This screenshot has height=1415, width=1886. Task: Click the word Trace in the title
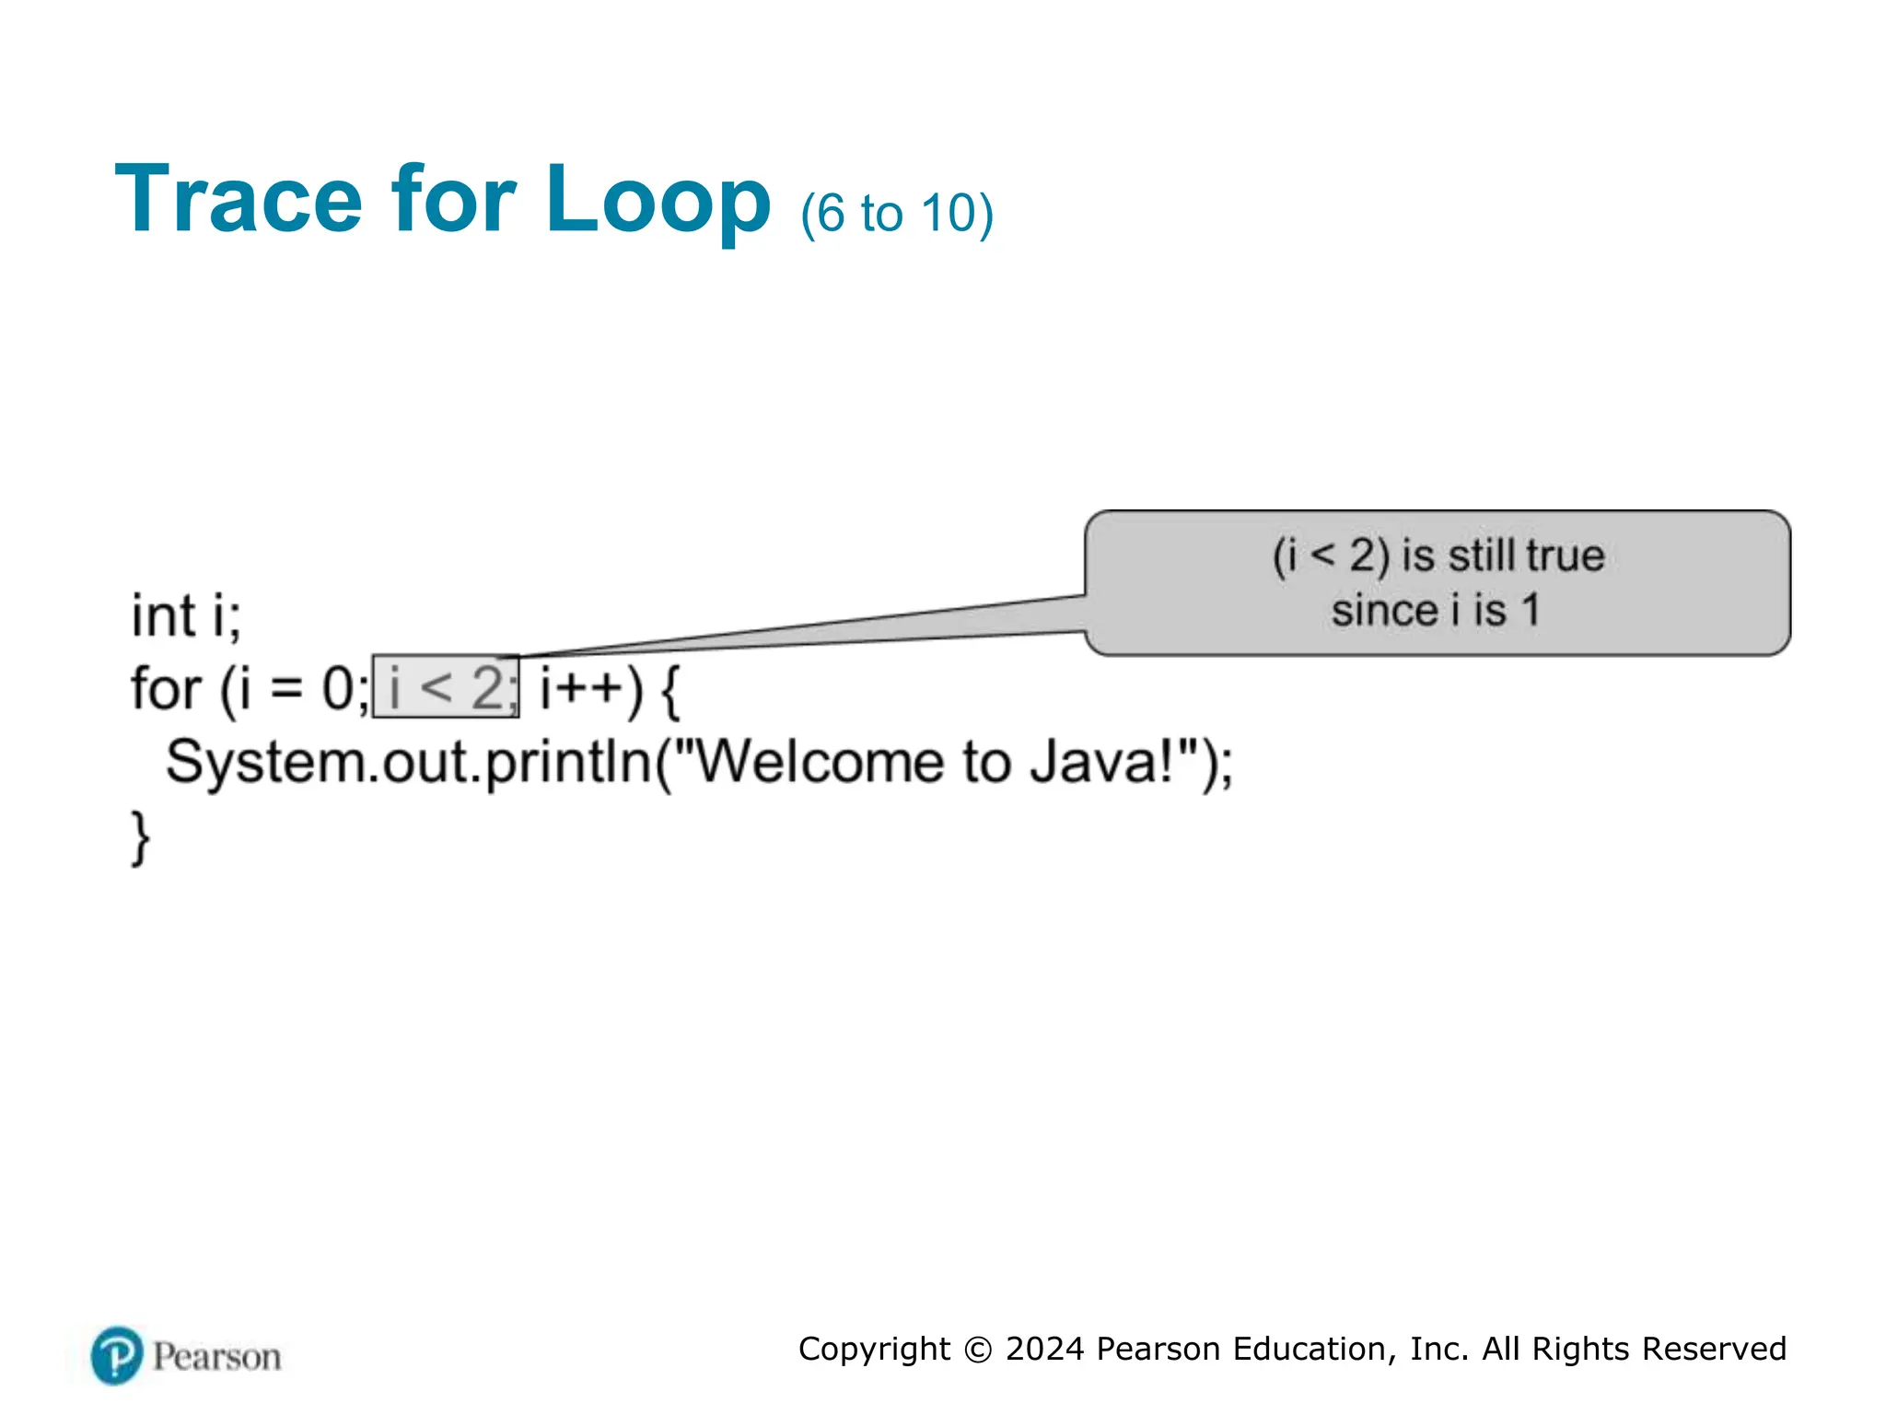tap(239, 200)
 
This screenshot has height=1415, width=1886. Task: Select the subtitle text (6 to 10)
tap(896, 214)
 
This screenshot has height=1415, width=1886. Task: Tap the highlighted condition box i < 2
tap(446, 687)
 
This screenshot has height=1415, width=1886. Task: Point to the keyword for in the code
tap(166, 689)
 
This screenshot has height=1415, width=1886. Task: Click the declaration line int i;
tap(186, 615)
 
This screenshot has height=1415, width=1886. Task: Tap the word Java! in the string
tap(1100, 763)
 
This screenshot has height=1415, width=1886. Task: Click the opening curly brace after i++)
tap(670, 691)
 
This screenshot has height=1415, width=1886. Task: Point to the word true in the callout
tap(1565, 555)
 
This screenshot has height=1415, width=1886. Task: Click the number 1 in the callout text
tap(1531, 610)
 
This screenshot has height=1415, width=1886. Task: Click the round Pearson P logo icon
tap(117, 1355)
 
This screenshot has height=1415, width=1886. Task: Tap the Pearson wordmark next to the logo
tap(217, 1357)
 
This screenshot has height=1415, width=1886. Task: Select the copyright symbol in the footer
tap(978, 1350)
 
